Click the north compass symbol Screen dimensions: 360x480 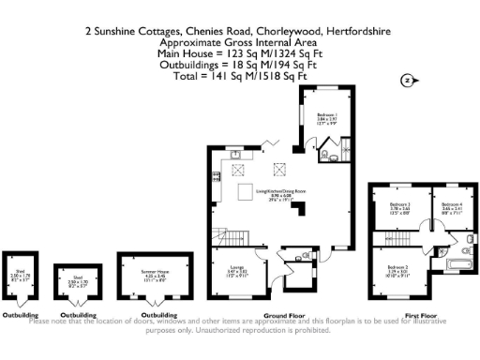click(x=407, y=81)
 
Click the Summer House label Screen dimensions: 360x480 click(x=154, y=274)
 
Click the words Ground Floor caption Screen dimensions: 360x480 click(x=280, y=315)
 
